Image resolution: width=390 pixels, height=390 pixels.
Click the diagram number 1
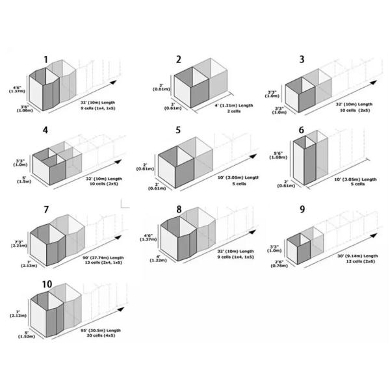tap(46, 60)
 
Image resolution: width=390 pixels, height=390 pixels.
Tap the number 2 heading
tap(179, 60)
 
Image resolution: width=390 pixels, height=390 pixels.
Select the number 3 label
tap(302, 60)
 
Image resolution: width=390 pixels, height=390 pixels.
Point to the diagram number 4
tap(45, 130)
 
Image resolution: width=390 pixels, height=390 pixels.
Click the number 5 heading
tap(178, 130)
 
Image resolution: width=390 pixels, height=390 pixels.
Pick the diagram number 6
tap(302, 130)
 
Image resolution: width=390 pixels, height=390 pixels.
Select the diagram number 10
tap(47, 284)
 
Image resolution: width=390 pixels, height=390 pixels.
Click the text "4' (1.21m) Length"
tap(234, 105)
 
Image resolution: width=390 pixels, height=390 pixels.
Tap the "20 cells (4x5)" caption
tap(101, 335)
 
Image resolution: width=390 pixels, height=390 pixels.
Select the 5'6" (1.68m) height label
tap(281, 155)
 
